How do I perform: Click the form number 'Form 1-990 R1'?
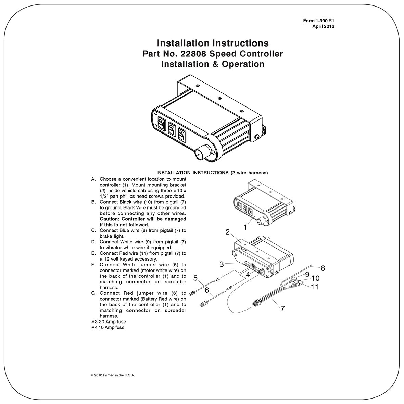click(x=318, y=21)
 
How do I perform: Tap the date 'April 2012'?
click(x=323, y=26)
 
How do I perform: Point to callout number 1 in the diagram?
click(x=245, y=227)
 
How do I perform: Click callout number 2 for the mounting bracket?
click(x=227, y=232)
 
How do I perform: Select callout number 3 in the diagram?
click(x=222, y=264)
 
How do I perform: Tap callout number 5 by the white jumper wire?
click(x=195, y=278)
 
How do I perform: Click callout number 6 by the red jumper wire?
click(x=206, y=290)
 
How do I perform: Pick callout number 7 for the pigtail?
click(x=282, y=308)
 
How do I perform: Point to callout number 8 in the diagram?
click(x=323, y=268)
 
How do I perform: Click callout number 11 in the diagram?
click(x=314, y=287)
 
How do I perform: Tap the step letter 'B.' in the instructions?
click(x=93, y=202)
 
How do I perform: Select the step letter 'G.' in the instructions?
click(x=93, y=293)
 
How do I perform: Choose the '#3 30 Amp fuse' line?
click(x=109, y=322)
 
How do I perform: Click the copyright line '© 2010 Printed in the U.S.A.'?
click(x=113, y=375)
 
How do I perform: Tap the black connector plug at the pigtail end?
click(x=256, y=303)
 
